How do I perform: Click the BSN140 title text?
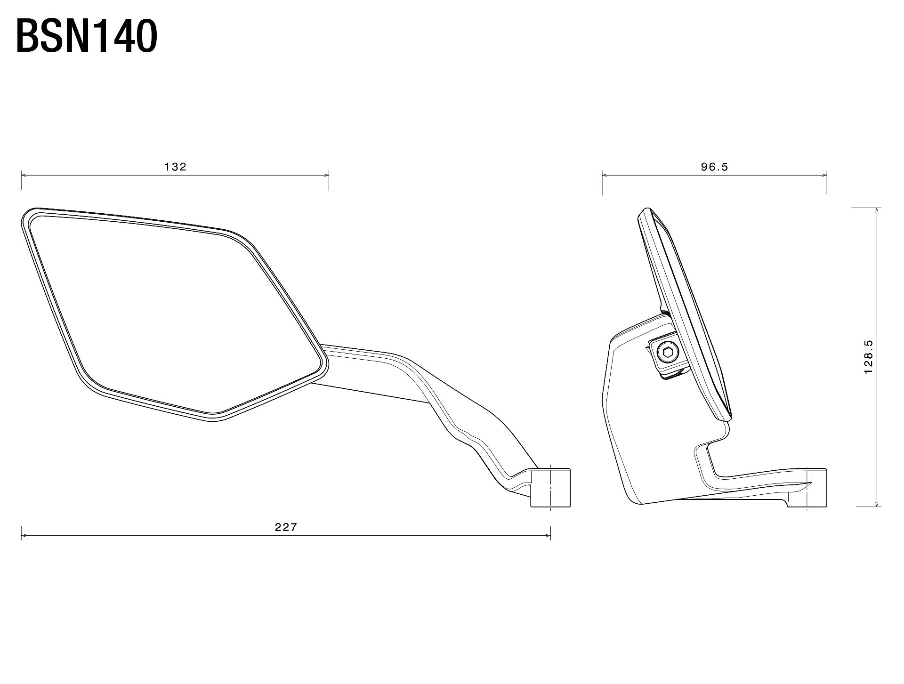coord(87,36)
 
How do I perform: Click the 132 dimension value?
coord(176,167)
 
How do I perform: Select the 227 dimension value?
coord(286,527)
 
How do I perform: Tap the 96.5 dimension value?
coord(714,167)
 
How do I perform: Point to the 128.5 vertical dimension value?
coord(869,357)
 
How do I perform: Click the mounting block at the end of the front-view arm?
coord(550,488)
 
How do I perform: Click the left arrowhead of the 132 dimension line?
coord(24,175)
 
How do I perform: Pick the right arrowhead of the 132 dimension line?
coord(325,175)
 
